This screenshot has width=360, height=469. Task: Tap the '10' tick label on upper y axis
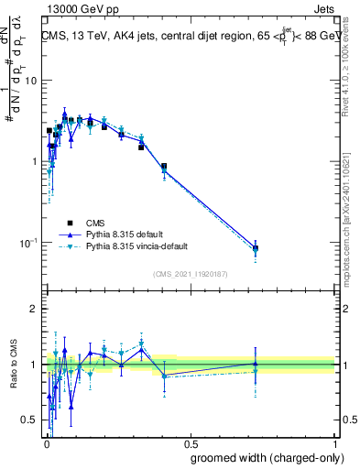tap(30, 81)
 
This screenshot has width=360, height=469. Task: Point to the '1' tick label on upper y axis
tap(34, 162)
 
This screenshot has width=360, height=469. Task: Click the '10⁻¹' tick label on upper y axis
tap(27, 243)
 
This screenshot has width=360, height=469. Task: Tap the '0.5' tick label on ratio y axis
tap(29, 420)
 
